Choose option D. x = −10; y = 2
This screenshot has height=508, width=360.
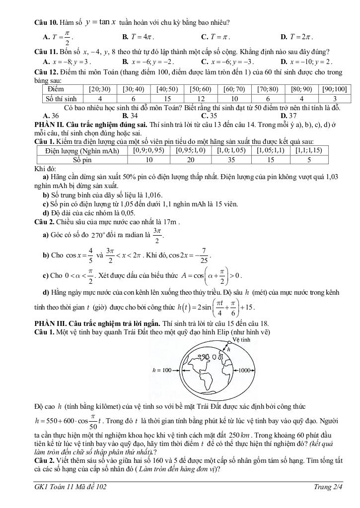306,62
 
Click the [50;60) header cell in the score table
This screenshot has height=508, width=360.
200,90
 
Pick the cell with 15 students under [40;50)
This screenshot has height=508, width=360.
167,99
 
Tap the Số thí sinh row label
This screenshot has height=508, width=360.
62,99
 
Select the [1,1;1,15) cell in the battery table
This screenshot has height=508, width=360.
308,151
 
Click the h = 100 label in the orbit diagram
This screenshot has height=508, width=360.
161,370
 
